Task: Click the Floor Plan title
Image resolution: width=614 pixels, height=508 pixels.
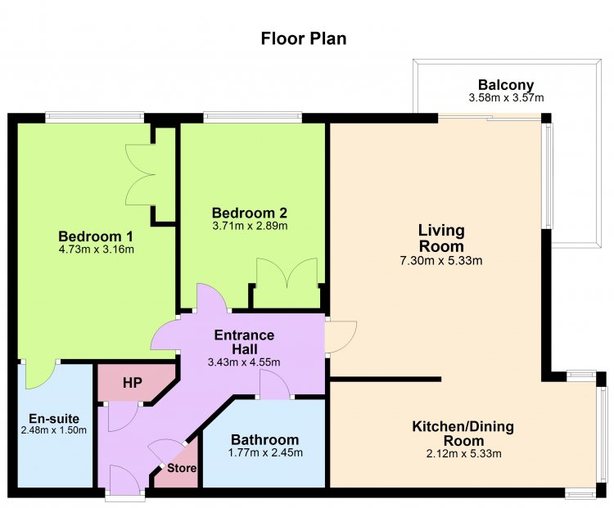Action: coord(304,38)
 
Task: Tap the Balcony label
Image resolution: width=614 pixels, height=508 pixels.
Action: coord(506,85)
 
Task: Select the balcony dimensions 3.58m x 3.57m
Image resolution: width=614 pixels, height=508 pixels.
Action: coord(506,97)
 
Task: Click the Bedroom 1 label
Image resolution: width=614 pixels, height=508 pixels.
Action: coord(96,236)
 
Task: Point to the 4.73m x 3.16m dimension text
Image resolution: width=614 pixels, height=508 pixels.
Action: coord(96,249)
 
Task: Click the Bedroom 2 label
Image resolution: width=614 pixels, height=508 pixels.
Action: coord(250,213)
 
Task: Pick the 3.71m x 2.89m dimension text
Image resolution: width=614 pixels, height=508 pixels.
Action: coord(250,226)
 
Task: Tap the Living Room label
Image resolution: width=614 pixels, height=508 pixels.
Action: coord(441,238)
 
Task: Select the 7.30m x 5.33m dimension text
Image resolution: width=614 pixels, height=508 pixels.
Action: coord(441,261)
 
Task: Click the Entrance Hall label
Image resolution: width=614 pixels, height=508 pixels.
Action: coord(244,342)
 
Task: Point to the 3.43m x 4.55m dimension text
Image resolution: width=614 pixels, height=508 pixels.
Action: coord(244,362)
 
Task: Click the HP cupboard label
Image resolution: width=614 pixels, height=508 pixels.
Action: coord(133,383)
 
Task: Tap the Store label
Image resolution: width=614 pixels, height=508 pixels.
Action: coord(182,468)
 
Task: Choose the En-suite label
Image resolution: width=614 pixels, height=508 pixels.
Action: coord(54,419)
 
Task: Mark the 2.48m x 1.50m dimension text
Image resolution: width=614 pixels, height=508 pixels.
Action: coord(54,430)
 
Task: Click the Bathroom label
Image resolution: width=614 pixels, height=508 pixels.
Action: coord(264,440)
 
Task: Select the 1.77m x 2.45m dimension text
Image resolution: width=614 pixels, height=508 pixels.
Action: coord(265,453)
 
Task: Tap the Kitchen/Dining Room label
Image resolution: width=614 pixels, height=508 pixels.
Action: coord(463,434)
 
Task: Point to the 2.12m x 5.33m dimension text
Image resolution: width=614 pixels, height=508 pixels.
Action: coord(463,454)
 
